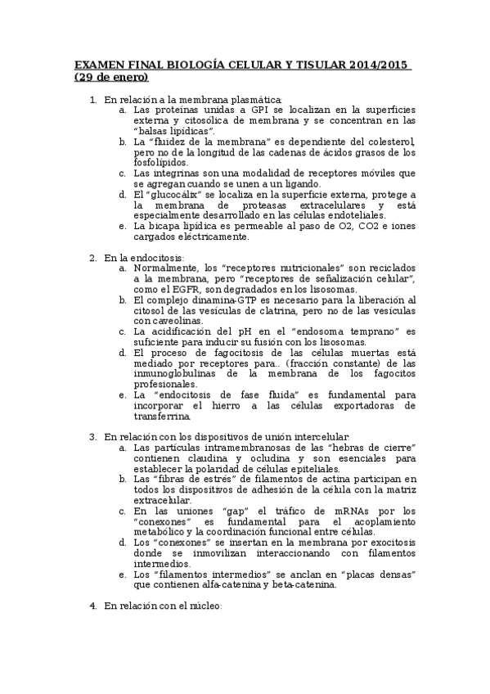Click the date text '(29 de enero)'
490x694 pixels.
tap(110, 78)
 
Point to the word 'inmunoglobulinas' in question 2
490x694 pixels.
tap(173, 374)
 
